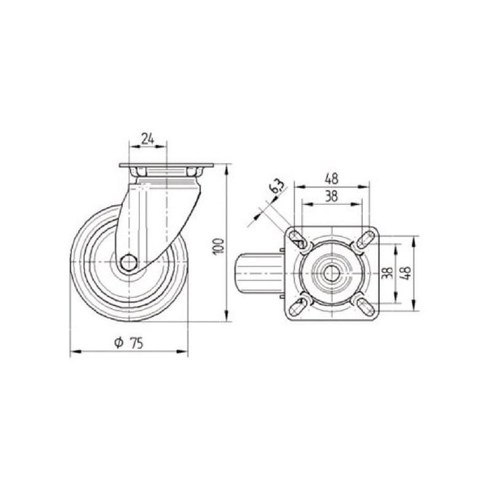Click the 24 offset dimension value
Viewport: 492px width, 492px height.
(x=148, y=139)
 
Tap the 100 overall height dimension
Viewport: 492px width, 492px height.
(x=220, y=247)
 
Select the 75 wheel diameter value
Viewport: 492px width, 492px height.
(x=137, y=344)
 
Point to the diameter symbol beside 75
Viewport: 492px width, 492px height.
(x=119, y=343)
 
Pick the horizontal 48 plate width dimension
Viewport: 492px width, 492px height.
(x=331, y=179)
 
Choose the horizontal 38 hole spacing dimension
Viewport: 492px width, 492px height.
(x=331, y=196)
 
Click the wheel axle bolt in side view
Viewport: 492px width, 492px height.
(x=129, y=262)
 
